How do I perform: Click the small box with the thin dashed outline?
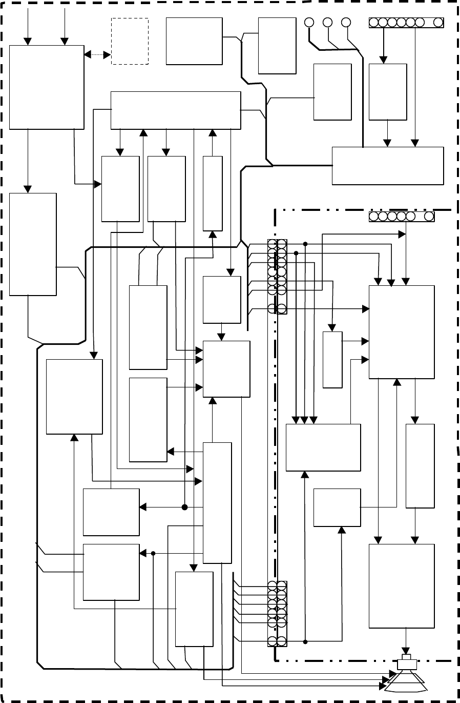[x=130, y=41]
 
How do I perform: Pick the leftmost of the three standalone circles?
[x=308, y=22]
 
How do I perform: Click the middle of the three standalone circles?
[x=327, y=22]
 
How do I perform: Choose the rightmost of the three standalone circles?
[x=346, y=22]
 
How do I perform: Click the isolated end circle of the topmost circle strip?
[x=438, y=23]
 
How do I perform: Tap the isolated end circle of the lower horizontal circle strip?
[x=428, y=217]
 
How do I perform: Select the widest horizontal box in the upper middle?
[x=176, y=110]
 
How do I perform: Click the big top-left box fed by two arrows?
[x=47, y=87]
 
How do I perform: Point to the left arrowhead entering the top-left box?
[x=28, y=41]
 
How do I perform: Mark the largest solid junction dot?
[x=185, y=507]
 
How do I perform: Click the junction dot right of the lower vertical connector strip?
[x=305, y=641]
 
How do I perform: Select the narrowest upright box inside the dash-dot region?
[x=332, y=360]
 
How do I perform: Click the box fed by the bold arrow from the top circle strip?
[x=388, y=92]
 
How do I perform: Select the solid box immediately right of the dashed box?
[x=194, y=41]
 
